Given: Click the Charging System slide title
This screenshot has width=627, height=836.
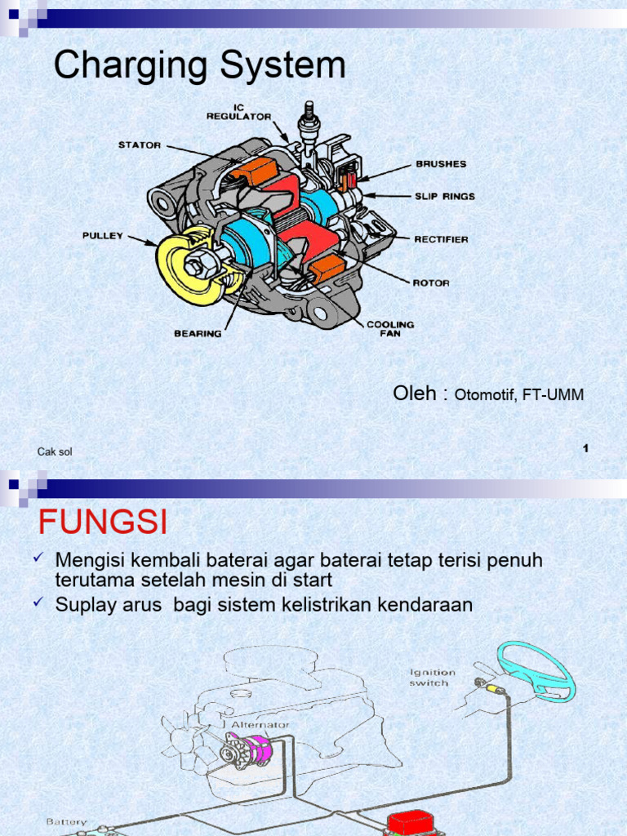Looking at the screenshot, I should pos(200,66).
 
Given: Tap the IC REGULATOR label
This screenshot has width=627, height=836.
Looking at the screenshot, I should pos(238,112).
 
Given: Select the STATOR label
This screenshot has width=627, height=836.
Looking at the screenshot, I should pos(140,145).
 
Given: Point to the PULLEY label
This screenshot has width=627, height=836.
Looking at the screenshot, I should pos(103,236).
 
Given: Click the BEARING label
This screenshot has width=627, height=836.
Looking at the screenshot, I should pos(198,333).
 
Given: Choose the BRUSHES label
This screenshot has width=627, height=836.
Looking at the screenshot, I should pos(441,164).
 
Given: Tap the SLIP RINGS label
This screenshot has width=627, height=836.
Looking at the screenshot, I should pos(445,197).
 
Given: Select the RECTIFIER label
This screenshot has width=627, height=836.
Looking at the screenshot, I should pos(441,239).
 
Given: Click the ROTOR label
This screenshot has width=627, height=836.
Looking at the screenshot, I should pos(431,283).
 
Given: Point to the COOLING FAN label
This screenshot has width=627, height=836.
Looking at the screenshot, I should pos(390,328).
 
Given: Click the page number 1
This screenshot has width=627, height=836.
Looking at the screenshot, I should pos(586,447).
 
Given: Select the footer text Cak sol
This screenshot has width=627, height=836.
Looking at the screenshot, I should pos(55,451).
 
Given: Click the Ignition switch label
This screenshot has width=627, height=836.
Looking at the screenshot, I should pos(433,677).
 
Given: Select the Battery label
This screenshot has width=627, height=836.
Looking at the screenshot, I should pos(65,821).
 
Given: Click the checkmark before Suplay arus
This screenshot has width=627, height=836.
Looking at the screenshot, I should pos(38,603).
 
